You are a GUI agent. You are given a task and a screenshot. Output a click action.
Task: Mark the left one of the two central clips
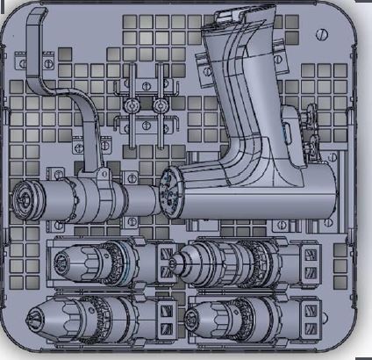(x=133, y=104)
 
